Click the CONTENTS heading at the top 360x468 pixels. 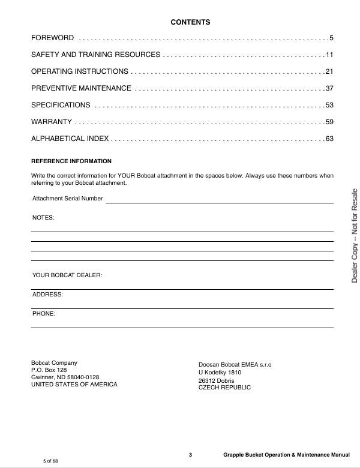190,22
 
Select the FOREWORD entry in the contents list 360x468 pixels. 53,38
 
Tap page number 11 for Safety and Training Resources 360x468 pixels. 329,55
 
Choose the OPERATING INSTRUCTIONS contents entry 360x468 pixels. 80,72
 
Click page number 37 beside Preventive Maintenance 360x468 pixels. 329,89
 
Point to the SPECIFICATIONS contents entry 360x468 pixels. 61,106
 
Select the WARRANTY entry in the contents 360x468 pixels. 52,122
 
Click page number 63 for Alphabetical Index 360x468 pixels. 329,139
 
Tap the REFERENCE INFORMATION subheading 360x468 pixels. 71,161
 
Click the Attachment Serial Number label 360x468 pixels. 68,199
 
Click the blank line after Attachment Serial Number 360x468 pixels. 219,202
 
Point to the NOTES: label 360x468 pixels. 43,218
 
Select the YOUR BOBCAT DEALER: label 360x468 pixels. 67,275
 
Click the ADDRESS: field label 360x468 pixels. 47,295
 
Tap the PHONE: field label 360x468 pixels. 44,314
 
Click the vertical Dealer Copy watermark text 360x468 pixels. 355,235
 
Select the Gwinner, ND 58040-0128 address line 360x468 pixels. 65,377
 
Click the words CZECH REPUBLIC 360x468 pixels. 224,388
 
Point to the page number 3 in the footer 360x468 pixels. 190,455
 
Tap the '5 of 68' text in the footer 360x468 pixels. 50,461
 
